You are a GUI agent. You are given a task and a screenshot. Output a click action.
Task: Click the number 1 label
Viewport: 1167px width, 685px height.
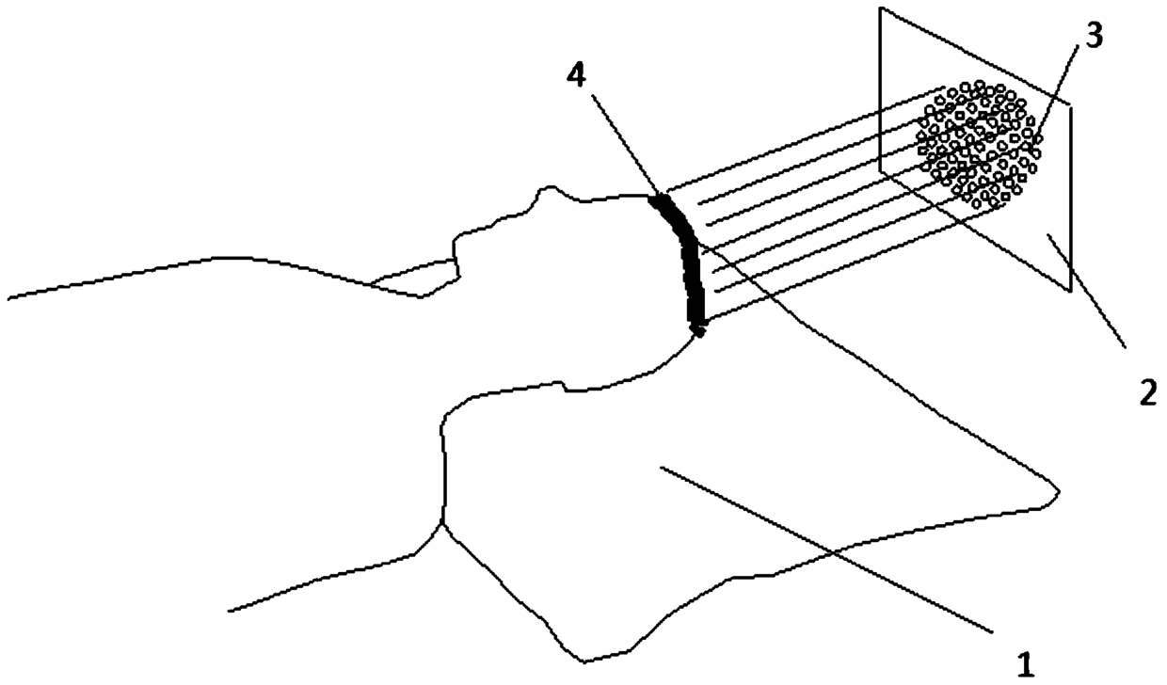point(1027,666)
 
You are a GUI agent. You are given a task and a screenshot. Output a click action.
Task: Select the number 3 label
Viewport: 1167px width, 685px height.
point(1095,39)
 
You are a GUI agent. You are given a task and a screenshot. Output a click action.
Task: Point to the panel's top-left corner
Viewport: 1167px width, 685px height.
point(880,8)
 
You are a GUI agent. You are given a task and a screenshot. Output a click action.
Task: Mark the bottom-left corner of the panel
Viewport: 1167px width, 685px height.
point(880,171)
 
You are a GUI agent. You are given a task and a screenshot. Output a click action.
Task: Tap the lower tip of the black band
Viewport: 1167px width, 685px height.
point(698,330)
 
